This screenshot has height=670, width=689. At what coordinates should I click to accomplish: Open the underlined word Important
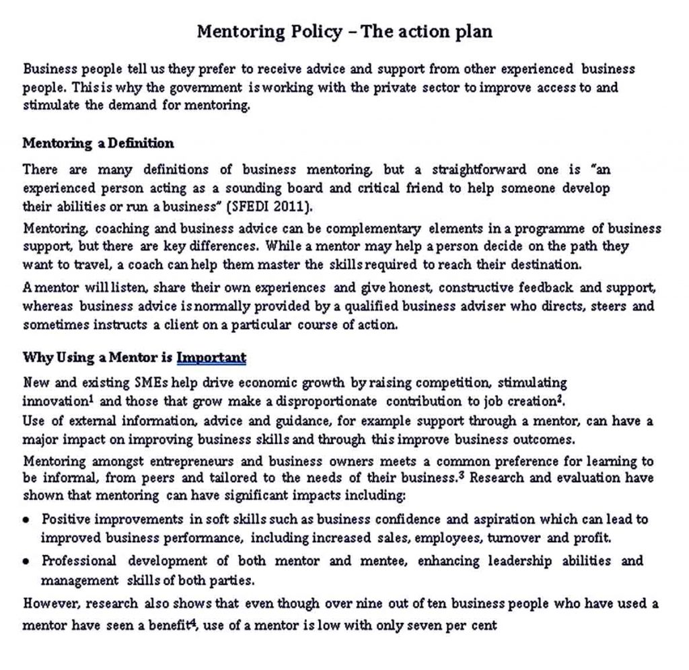[211, 357]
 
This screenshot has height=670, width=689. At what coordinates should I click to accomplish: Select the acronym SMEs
[152, 383]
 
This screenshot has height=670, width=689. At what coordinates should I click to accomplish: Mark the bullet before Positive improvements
[26, 520]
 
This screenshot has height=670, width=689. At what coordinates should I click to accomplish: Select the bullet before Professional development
[26, 562]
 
